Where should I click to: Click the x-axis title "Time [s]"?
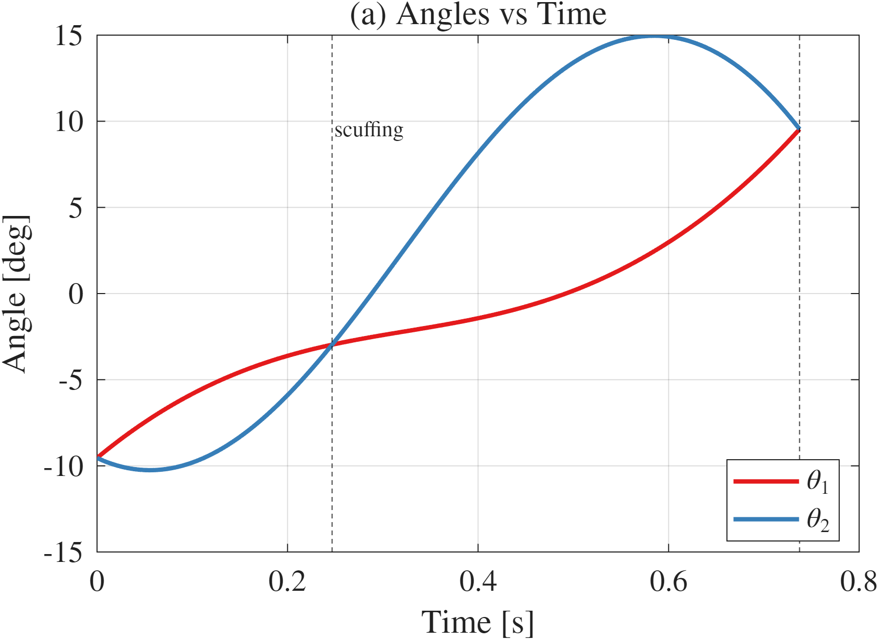point(478,622)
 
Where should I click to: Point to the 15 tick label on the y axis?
point(69,37)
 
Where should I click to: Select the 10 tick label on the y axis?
point(69,122)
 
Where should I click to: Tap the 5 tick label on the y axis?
point(76,208)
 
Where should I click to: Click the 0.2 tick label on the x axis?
point(287,581)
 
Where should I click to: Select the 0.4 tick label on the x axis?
point(478,581)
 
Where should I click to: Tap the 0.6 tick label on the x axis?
point(668,581)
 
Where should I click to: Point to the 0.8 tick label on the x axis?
point(858,581)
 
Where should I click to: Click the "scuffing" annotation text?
point(369,130)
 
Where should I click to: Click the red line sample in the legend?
point(766,481)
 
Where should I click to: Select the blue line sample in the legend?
point(766,519)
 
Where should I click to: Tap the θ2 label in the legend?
point(818,520)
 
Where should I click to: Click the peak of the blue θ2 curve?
point(654,36)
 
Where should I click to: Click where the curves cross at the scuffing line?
point(332,344)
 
